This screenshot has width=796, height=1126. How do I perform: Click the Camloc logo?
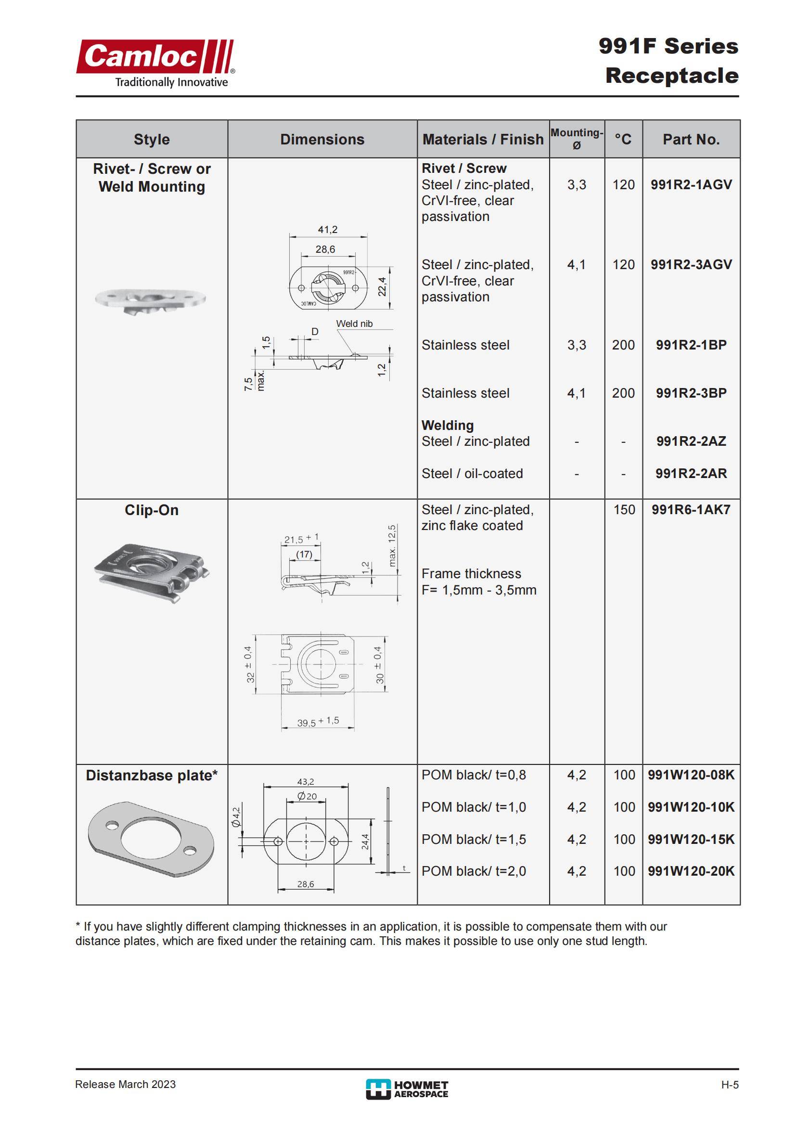155,63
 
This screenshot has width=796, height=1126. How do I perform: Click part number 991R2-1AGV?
691,184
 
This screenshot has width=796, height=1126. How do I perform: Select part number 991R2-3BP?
691,393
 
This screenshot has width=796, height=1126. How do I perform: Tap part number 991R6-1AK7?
691,509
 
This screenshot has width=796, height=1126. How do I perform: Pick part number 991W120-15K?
691,839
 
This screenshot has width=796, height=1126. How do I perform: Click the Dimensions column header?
322,139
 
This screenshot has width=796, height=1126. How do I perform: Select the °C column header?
623,139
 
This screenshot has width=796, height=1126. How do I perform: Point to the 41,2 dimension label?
327,230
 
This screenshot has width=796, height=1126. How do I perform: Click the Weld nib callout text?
354,324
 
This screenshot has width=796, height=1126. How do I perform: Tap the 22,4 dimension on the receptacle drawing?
382,286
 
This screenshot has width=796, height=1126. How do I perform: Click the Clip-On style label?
152,510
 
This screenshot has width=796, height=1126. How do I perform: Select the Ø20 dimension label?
308,796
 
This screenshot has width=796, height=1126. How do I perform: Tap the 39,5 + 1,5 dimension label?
318,722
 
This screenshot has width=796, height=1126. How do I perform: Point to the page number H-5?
729,1085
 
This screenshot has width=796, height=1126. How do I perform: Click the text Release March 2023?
126,1084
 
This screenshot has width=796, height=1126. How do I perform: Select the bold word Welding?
448,425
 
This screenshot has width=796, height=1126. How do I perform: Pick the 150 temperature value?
624,509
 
